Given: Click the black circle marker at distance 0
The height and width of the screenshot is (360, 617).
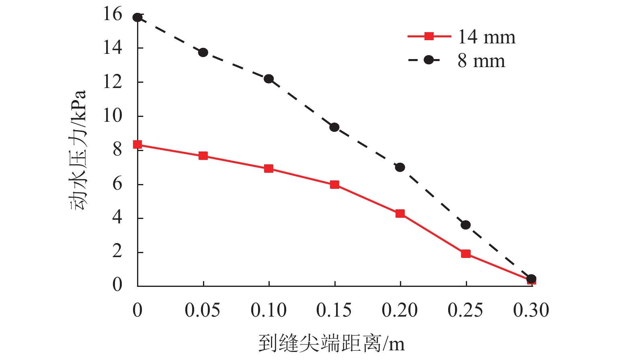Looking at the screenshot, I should click(x=137, y=17).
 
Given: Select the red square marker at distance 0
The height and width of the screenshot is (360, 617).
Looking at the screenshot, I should click(x=137, y=145).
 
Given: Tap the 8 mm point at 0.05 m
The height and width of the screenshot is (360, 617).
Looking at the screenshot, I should click(x=203, y=52).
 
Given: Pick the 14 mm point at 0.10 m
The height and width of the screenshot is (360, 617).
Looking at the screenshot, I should click(x=269, y=169).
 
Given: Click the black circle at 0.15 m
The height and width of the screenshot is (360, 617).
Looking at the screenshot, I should click(x=334, y=127).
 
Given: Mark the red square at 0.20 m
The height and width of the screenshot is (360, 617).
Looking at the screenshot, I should click(x=400, y=213).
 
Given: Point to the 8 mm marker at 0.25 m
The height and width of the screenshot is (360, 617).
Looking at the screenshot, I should click(x=465, y=225).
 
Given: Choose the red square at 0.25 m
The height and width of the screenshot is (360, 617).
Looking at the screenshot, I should click(x=465, y=254).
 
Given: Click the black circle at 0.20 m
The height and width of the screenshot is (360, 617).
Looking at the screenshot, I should click(x=400, y=167).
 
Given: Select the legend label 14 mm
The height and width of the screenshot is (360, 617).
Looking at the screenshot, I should click(x=486, y=37).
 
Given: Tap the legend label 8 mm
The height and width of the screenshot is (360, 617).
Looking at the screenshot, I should click(x=481, y=61).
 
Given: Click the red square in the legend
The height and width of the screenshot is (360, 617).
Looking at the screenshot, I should click(x=429, y=36).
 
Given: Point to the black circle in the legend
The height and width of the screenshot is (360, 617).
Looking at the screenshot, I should click(x=429, y=60).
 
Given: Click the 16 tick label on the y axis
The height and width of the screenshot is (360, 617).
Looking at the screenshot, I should click(x=113, y=14).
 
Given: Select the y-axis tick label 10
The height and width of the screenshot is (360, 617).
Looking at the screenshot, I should click(x=113, y=116).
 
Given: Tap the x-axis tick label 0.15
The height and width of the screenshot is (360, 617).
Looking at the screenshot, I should click(x=334, y=311).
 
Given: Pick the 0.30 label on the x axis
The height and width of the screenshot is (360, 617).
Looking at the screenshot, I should click(x=531, y=311).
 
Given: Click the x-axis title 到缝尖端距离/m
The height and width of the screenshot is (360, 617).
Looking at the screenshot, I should click(x=332, y=344).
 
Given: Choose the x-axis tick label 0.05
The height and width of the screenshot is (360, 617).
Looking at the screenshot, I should click(x=203, y=311).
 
